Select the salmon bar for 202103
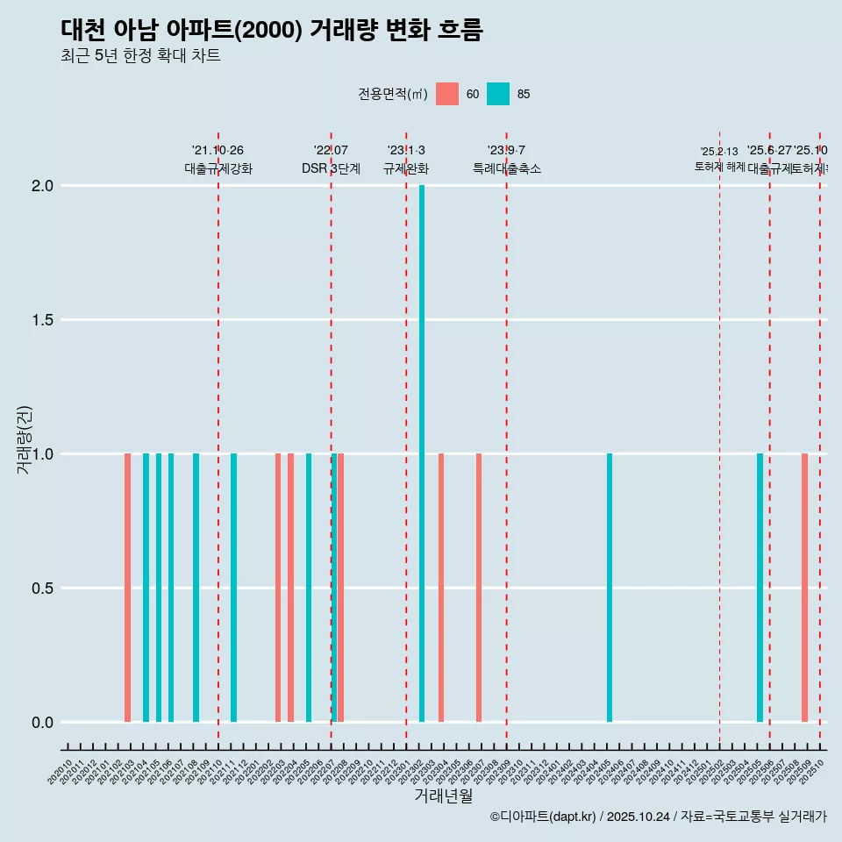tap(127, 588)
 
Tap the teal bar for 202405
tap(610, 588)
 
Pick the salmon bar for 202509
tap(804, 588)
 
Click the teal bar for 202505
tap(760, 588)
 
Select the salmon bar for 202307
tap(479, 588)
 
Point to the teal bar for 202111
tap(233, 588)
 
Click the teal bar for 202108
tap(196, 588)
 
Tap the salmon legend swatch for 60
tap(447, 94)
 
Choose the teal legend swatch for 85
tap(498, 94)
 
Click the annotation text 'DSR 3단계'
tap(331, 169)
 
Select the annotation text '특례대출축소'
tap(506, 169)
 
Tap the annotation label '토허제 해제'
tap(719, 167)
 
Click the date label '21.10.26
tap(218, 150)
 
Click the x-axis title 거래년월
tap(443, 796)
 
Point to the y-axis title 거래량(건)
tap(25, 439)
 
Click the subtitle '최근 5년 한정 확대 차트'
tap(140, 56)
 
